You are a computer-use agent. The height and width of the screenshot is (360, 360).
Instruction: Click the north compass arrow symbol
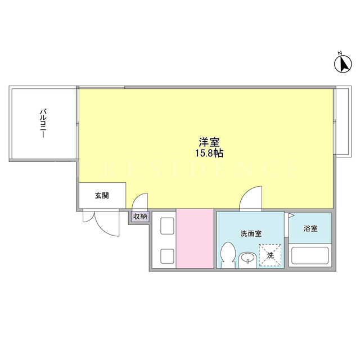pos(343,64)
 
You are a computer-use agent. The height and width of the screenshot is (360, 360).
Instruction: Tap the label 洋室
pos(209,142)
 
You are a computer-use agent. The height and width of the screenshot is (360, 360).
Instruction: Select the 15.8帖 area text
pos(209,153)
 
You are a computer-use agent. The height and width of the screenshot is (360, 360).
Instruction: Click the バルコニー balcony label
pos(43,124)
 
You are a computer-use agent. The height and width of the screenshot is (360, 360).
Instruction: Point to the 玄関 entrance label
pos(102,196)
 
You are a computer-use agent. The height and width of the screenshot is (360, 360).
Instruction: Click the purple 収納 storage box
pos(140,216)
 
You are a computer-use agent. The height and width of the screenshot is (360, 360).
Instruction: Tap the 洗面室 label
pos(251,234)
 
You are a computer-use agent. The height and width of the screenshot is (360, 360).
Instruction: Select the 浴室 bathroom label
pos(310,228)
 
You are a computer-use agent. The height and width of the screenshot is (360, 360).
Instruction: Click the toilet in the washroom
pos(228,255)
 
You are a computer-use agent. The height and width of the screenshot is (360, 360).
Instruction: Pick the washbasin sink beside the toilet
pos(247,260)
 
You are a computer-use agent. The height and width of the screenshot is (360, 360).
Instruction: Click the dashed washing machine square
pos(270,255)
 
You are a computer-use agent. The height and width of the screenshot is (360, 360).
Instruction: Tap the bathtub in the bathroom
pos(310,255)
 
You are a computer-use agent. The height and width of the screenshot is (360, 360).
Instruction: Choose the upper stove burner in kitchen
pos(167,226)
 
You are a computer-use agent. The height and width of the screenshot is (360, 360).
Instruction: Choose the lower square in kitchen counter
pos(167,256)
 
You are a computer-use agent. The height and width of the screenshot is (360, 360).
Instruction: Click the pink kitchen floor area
pos(195,238)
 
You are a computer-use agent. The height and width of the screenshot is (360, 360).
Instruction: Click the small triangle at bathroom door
pos(291,215)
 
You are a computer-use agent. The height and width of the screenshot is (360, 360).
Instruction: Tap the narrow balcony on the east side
pos(343,121)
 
